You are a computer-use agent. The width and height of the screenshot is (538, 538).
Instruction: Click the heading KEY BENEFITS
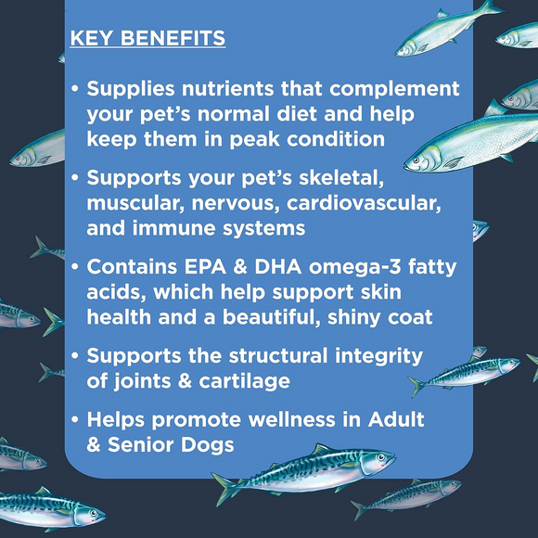pyautogui.click(x=147, y=39)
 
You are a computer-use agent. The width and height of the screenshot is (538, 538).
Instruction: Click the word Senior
pyautogui.click(x=146, y=444)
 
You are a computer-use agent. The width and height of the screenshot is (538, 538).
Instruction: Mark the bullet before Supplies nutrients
pyautogui.click(x=74, y=91)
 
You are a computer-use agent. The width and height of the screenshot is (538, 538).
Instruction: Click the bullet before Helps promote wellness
pyautogui.click(x=74, y=421)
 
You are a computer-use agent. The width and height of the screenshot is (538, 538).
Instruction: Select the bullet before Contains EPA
pyautogui.click(x=74, y=267)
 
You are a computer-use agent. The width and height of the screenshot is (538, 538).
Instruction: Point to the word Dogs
pyautogui.click(x=210, y=444)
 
